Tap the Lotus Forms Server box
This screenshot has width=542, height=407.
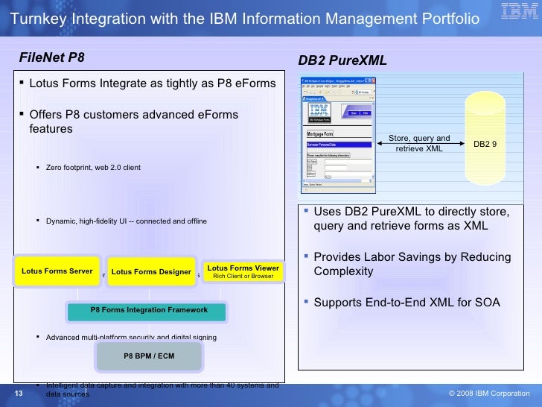(x=57, y=271)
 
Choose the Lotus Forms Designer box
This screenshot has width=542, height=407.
(x=151, y=272)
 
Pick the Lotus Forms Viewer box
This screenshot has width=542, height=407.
(x=243, y=272)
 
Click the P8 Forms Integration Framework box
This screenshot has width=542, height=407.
(x=149, y=310)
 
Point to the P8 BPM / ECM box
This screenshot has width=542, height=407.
(x=149, y=356)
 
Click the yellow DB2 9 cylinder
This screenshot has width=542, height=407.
(x=485, y=142)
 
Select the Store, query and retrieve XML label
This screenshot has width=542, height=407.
(x=420, y=143)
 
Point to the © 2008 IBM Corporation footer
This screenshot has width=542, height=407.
(x=489, y=394)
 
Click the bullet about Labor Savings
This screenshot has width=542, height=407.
(x=412, y=264)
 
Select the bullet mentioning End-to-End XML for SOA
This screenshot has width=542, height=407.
(x=406, y=303)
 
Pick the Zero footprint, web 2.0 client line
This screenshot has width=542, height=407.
(x=92, y=168)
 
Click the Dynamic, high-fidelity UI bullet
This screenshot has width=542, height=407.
(x=126, y=221)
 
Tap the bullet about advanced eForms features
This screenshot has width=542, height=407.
(x=133, y=122)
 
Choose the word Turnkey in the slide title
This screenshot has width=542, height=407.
(x=36, y=18)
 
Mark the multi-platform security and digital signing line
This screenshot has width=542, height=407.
(x=131, y=338)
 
